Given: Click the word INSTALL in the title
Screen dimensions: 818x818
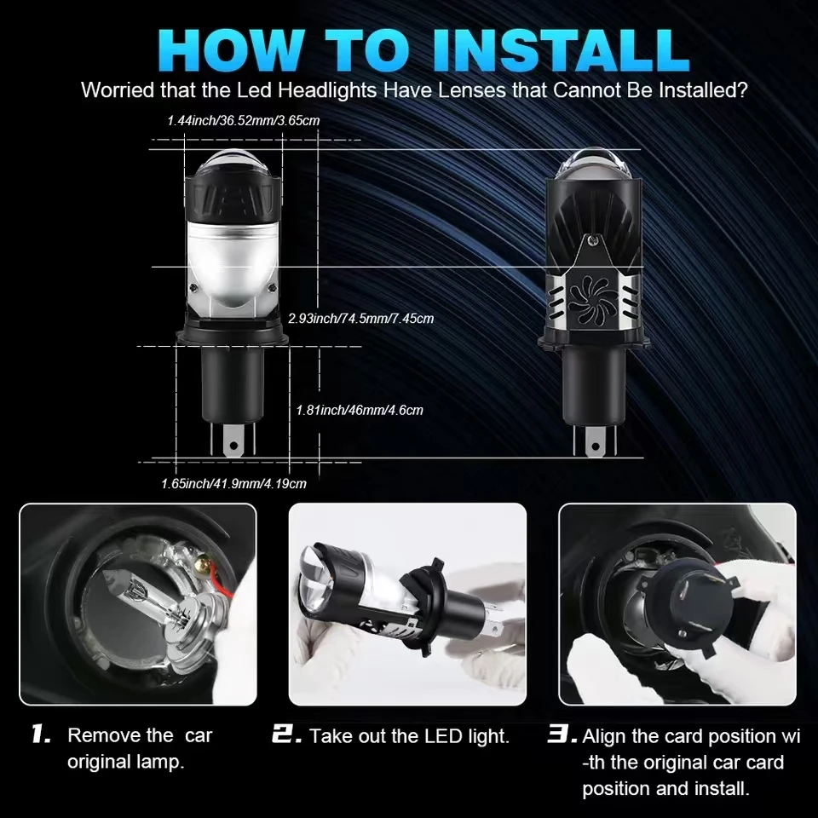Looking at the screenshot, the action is [x=560, y=50].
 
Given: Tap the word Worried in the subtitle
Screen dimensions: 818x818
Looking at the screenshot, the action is [x=118, y=90].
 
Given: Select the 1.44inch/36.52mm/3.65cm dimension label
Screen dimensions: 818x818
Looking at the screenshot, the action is [x=243, y=120].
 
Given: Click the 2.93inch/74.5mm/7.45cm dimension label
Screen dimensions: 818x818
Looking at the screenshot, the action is [x=361, y=318].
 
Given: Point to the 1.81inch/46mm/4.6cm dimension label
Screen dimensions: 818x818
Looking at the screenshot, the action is [x=360, y=410].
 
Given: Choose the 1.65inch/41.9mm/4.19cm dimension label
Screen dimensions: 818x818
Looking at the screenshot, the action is [x=233, y=484].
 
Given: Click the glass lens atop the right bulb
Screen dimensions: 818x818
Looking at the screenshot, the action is [x=593, y=165].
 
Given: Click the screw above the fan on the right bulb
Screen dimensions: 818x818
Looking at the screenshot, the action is [x=591, y=240].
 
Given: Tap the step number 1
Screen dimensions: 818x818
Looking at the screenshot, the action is [x=41, y=734].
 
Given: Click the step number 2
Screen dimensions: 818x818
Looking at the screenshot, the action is [x=286, y=734].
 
